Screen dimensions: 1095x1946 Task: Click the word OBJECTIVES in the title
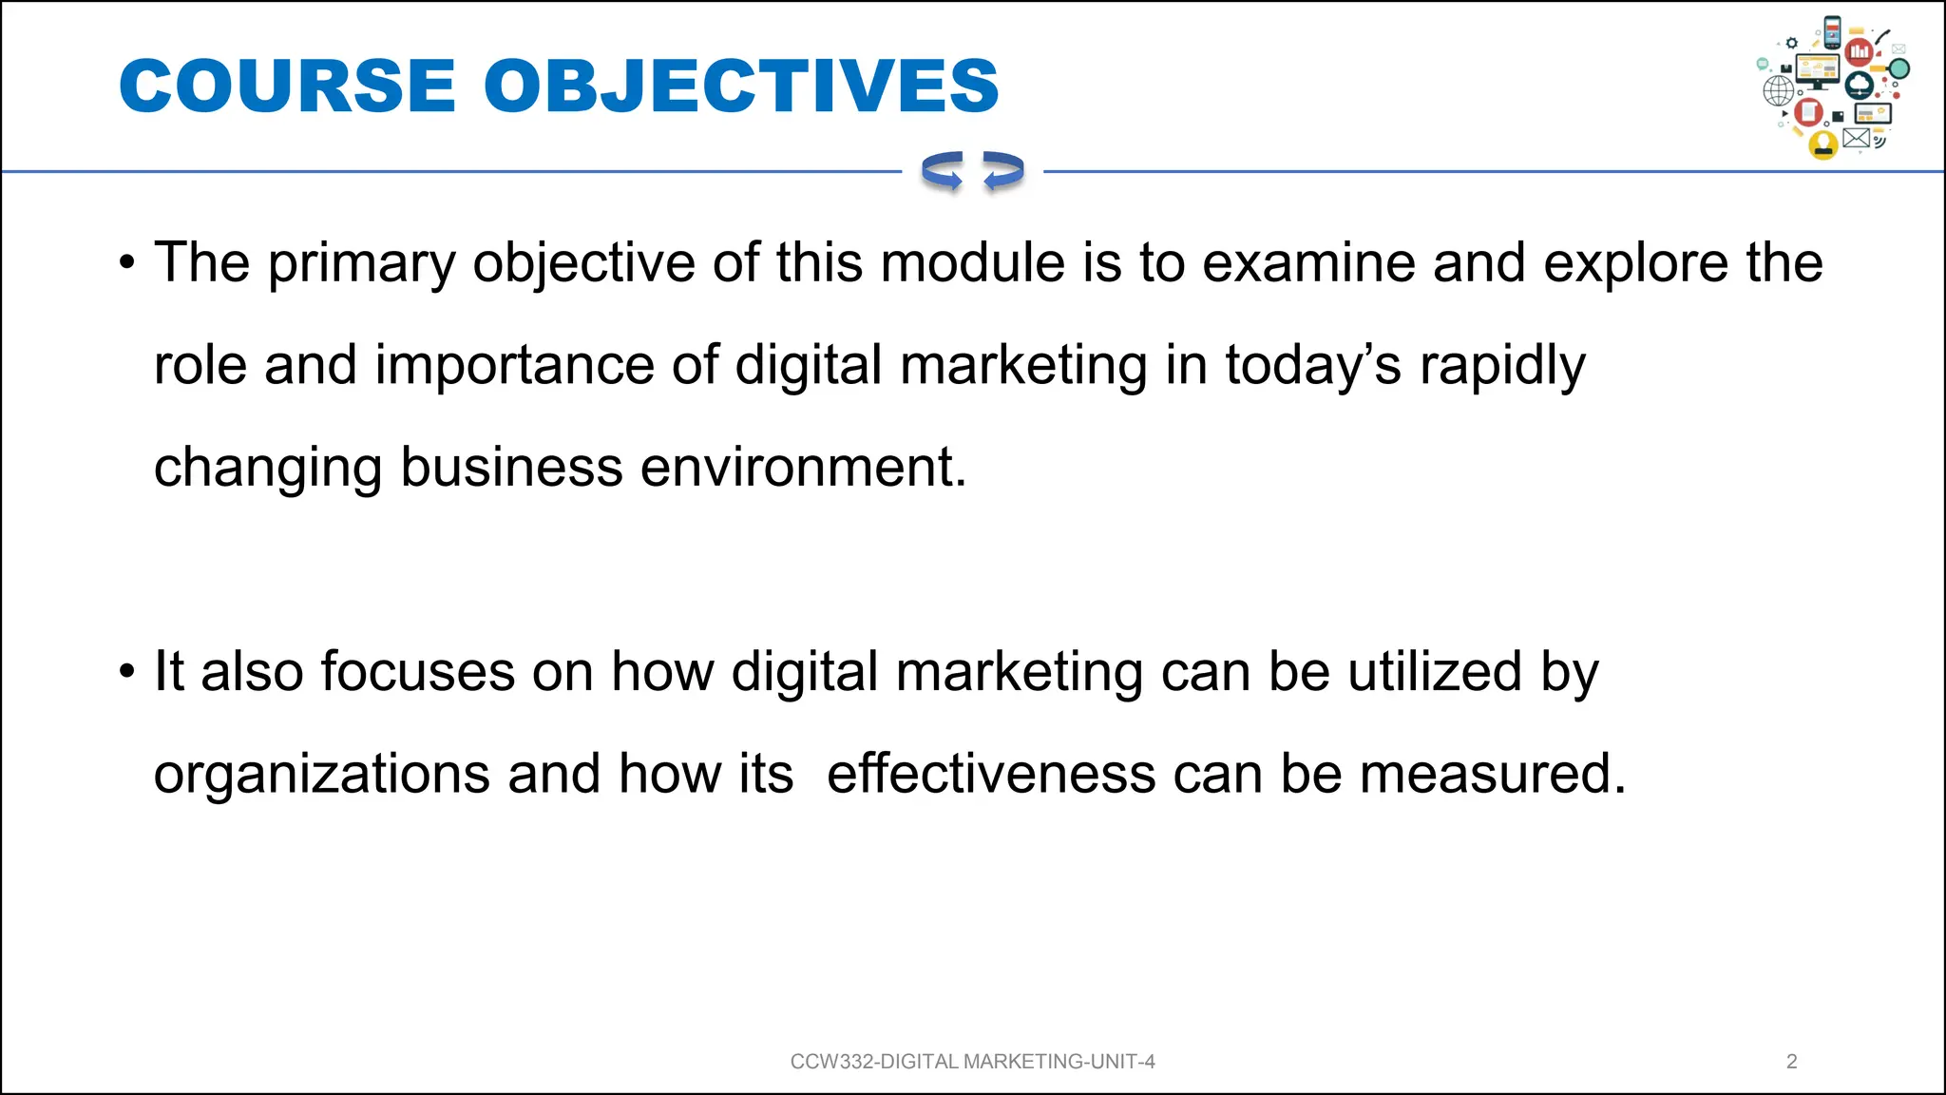(741, 86)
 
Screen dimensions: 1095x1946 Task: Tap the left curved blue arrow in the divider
(942, 171)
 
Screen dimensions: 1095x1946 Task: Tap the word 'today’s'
(1312, 366)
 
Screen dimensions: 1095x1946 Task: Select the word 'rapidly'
(1502, 366)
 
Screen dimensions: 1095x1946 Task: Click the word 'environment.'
(803, 468)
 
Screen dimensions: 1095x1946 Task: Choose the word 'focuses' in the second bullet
(417, 671)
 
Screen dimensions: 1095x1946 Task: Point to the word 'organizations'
(321, 775)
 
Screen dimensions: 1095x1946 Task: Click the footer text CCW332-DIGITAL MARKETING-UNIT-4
(972, 1062)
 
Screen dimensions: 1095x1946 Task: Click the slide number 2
(1791, 1062)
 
